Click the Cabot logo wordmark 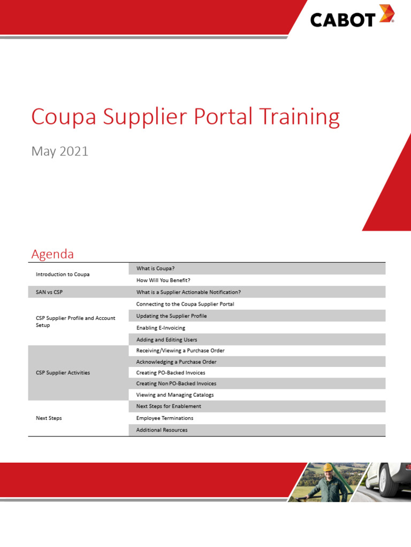(x=342, y=19)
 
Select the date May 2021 (x=59, y=151)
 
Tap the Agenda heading (x=52, y=254)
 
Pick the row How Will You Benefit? (x=163, y=280)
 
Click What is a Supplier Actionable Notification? (x=188, y=292)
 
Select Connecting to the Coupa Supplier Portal (x=185, y=304)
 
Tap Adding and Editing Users (x=166, y=339)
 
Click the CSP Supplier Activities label (x=63, y=373)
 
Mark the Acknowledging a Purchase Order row (x=176, y=362)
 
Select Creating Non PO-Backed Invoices (x=176, y=384)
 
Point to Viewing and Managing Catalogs (x=175, y=395)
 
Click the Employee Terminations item (x=165, y=418)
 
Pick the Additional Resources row (x=162, y=430)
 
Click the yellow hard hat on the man (x=326, y=466)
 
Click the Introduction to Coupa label (x=63, y=274)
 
